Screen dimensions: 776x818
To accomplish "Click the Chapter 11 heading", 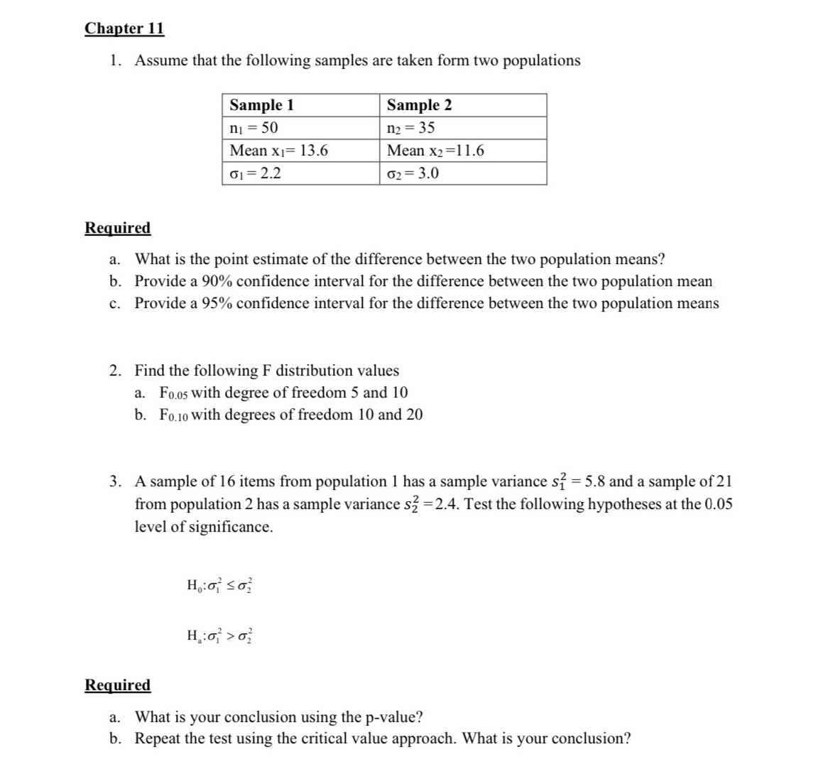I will point(124,28).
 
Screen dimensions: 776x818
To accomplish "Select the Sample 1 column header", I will point(261,105).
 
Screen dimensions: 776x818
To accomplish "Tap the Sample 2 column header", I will point(419,105).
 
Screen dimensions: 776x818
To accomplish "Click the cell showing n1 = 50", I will point(253,128).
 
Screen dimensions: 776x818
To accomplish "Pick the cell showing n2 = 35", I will point(410,128).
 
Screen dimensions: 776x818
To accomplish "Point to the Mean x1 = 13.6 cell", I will point(278,151).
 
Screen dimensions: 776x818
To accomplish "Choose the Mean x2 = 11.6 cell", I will point(435,151).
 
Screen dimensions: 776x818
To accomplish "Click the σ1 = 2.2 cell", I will point(255,173).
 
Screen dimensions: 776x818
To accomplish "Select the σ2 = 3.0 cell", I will point(413,173).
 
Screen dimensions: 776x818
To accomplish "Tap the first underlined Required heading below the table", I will point(118,228).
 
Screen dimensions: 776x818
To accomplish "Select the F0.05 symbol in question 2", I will point(174,393).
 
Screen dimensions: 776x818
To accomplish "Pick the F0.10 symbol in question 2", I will point(174,415).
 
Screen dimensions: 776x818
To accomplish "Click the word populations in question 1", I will point(541,60).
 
